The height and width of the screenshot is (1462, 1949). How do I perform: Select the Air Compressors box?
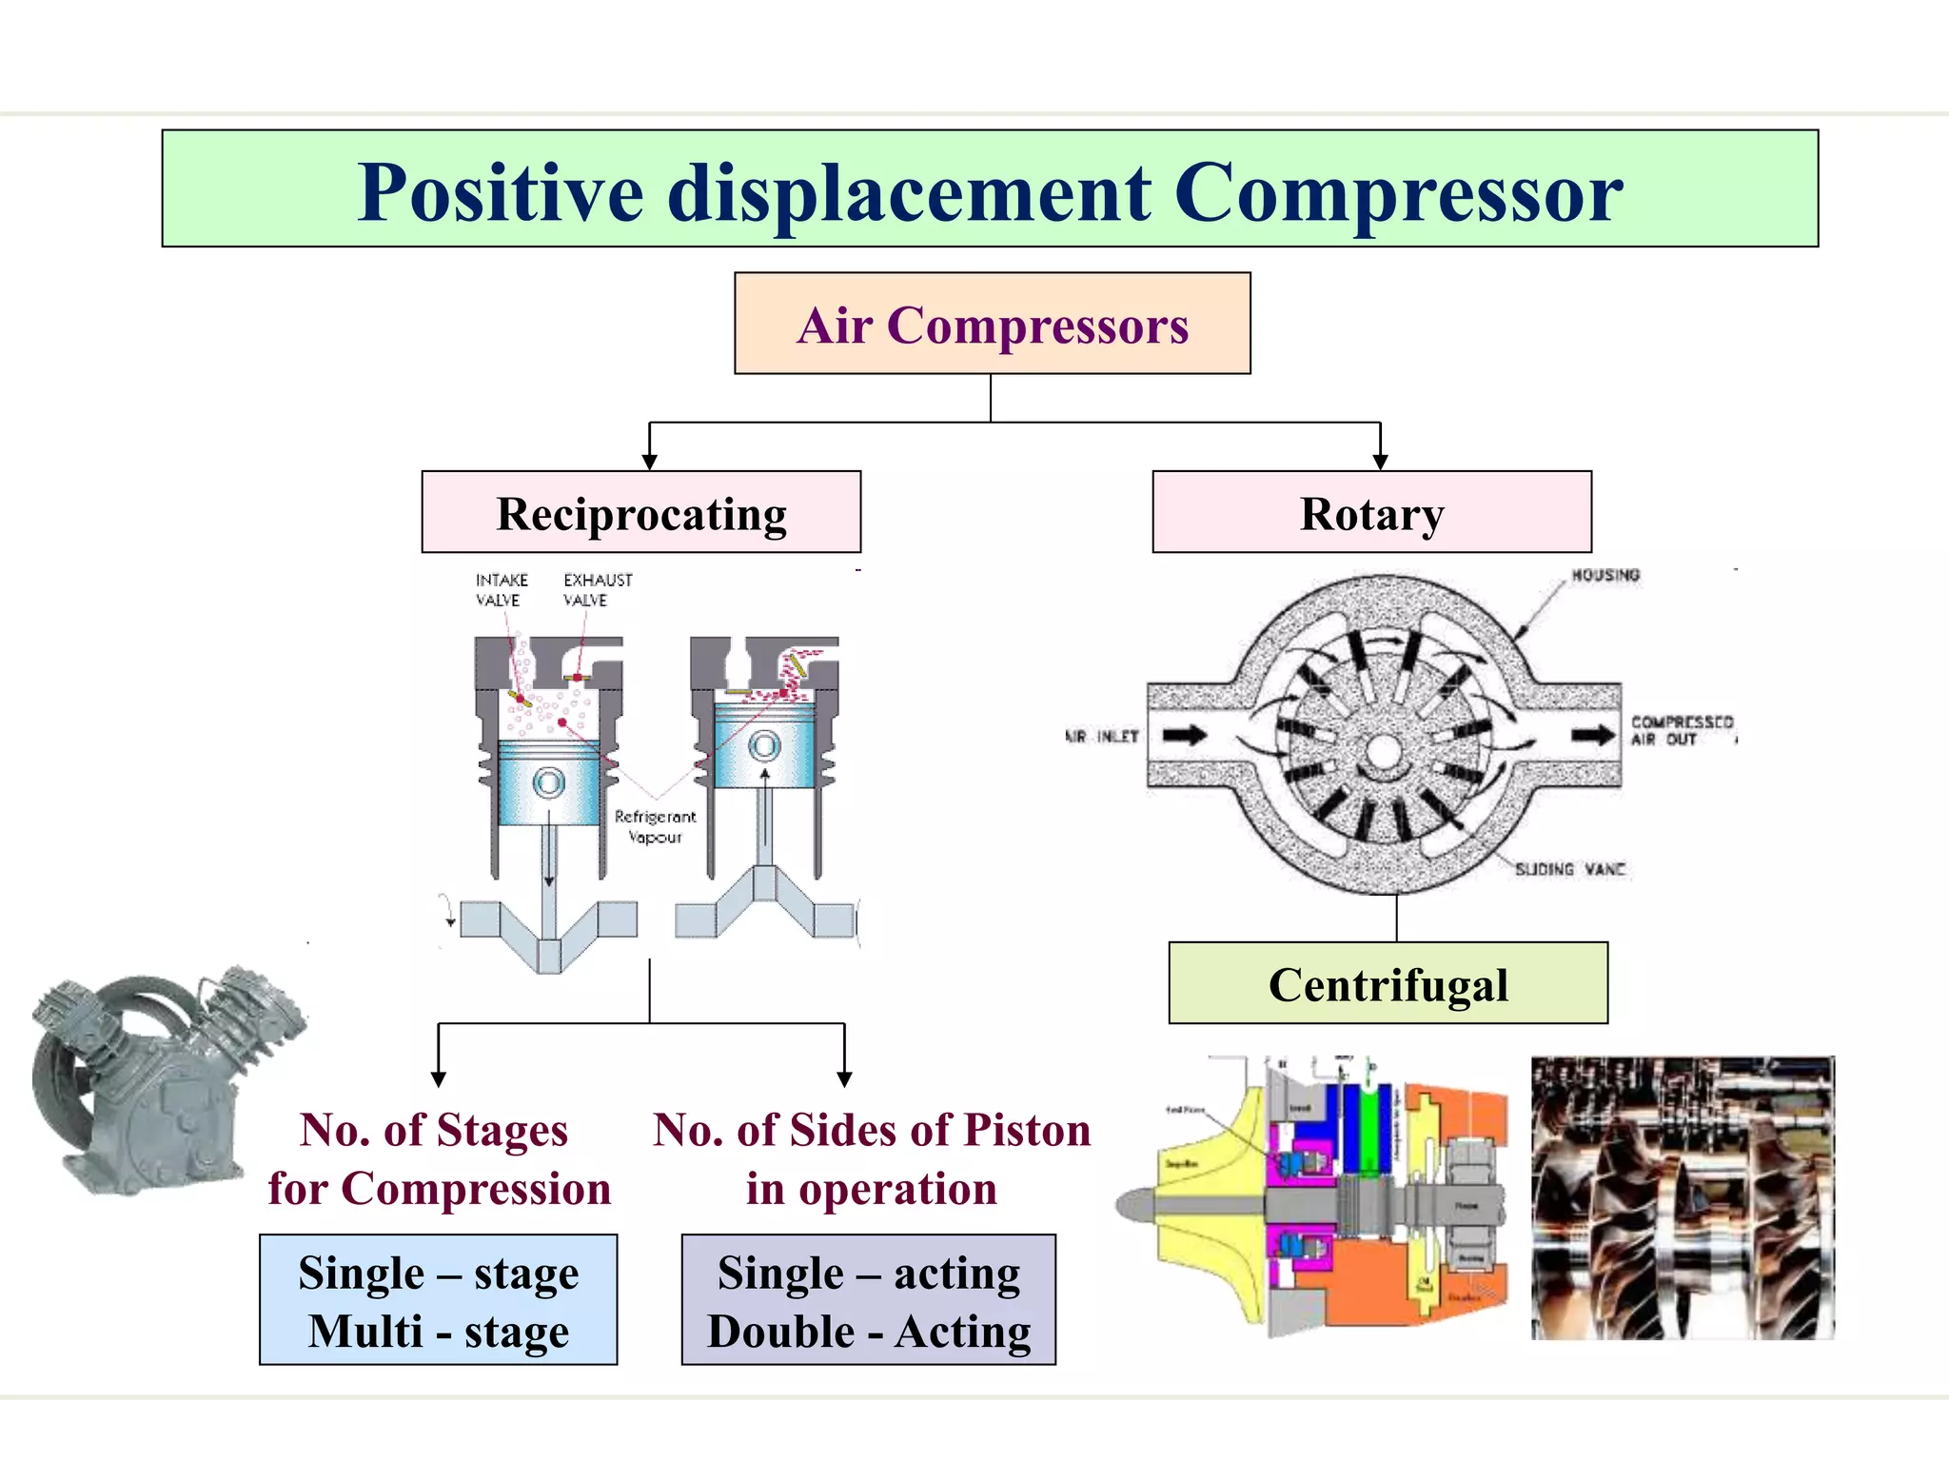[992, 325]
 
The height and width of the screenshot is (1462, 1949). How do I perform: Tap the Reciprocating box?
[640, 513]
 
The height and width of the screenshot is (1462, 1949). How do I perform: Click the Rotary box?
[1371, 513]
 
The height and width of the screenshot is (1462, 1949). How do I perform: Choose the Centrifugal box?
[1388, 984]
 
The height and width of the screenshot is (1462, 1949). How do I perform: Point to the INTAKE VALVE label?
[501, 589]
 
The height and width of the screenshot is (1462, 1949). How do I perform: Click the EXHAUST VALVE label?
[597, 589]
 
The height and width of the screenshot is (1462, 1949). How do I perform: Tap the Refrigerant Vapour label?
[655, 826]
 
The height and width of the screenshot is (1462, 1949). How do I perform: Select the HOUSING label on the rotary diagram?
[1605, 575]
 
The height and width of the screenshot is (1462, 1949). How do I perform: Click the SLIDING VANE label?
[1570, 869]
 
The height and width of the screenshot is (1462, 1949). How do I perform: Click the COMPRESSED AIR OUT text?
[1682, 730]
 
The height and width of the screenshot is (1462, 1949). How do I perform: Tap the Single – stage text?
[438, 1273]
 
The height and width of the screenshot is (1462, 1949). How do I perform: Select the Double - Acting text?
[869, 1332]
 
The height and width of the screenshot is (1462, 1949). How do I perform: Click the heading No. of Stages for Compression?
[438, 1158]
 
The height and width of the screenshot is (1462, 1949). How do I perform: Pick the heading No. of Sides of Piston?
[871, 1131]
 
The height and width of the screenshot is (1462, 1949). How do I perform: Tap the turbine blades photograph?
[1682, 1197]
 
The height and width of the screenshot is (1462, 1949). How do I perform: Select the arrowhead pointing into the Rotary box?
[1380, 462]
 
